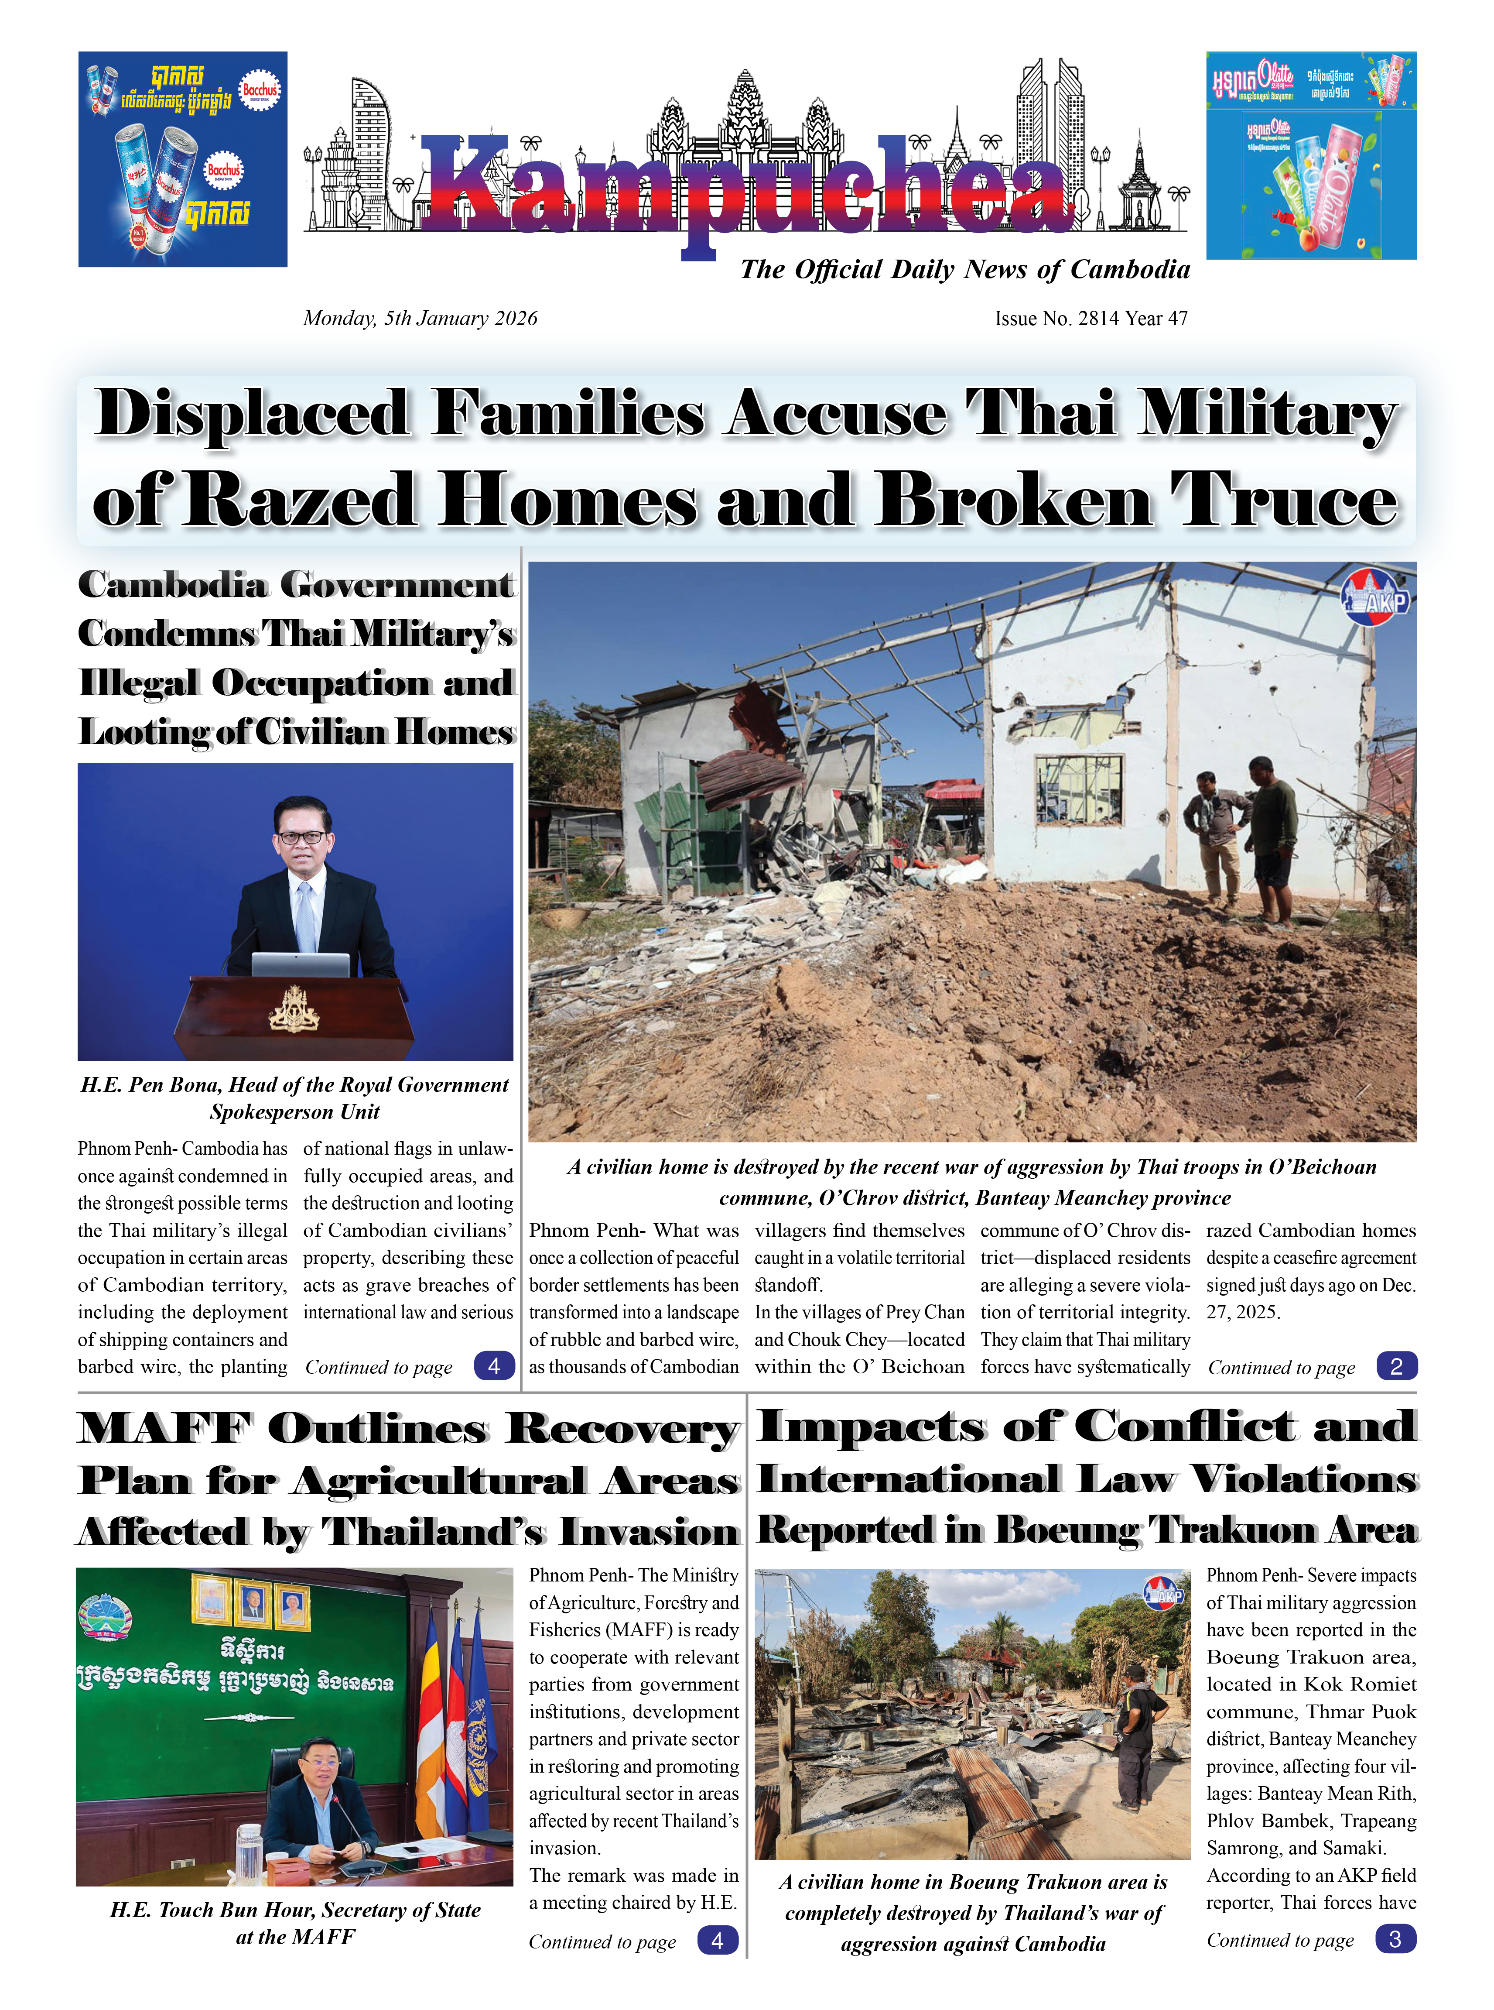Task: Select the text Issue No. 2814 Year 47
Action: pyautogui.click(x=1091, y=319)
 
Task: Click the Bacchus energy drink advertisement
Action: pyautogui.click(x=183, y=159)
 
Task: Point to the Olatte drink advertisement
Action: pyautogui.click(x=1310, y=156)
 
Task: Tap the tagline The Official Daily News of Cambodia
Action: pyautogui.click(x=964, y=270)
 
